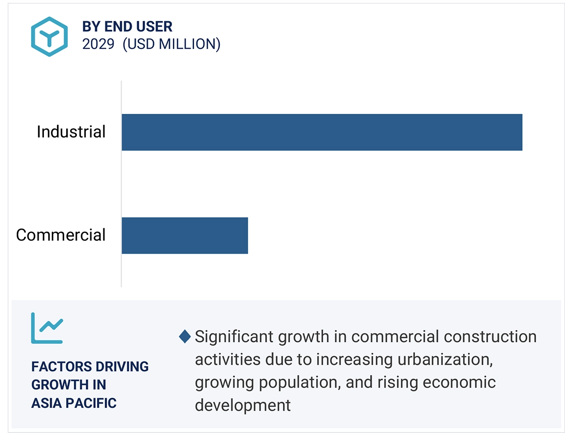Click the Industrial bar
point(322,132)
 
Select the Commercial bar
point(184,235)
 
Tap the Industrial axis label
point(71,132)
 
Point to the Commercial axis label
point(61,235)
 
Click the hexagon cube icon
point(49,36)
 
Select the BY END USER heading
point(127,26)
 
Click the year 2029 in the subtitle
point(99,44)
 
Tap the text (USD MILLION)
point(171,44)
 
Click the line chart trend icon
point(47,328)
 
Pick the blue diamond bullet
point(184,336)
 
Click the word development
point(242,405)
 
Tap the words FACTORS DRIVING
point(90,367)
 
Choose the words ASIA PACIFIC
point(74,403)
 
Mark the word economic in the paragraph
point(459,382)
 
